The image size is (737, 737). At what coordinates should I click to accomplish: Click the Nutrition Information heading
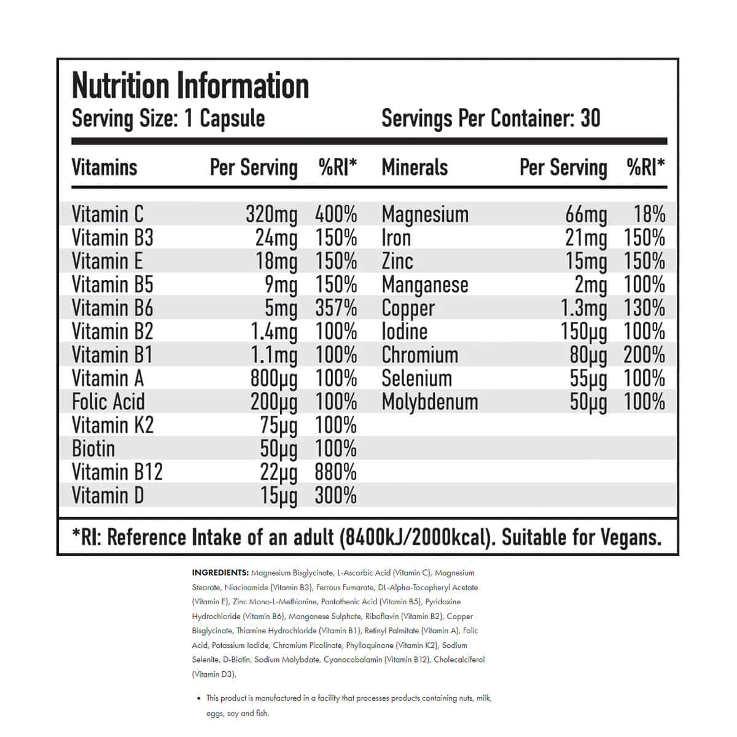pos(190,86)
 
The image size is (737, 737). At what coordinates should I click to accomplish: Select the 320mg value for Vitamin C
pos(271,214)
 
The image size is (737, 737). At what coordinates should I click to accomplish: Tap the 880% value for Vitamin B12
pos(336,472)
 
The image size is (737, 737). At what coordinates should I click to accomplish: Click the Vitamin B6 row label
pos(112,308)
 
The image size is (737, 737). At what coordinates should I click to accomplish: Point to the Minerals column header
pos(415,167)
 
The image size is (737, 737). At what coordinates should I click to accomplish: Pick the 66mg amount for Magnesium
pos(586,214)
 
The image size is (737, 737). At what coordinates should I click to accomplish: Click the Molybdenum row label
pos(429,402)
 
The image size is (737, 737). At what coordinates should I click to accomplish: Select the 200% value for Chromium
pos(644,355)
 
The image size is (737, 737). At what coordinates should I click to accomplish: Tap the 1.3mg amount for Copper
pos(583,308)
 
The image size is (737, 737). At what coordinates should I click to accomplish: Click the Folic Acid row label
pos(108,402)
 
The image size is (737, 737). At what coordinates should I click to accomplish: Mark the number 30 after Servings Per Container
pos(590,118)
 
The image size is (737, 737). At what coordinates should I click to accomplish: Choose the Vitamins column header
pos(104,167)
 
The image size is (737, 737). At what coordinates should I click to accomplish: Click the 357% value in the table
pos(336,308)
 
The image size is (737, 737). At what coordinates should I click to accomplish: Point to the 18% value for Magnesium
pos(649,214)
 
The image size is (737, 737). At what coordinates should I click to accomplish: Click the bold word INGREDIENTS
pos(220,573)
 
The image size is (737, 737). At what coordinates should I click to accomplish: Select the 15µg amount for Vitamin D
pos(279,496)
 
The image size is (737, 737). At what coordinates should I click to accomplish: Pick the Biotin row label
pos(93,449)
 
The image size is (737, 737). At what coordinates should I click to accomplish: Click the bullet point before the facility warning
pos(198,699)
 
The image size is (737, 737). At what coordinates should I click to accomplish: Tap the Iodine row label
pos(404,332)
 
